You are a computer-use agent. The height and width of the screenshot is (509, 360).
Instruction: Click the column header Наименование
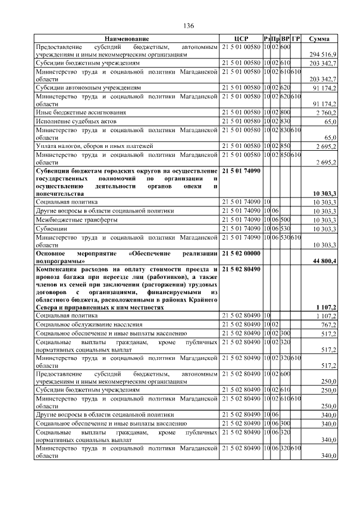click(x=127, y=38)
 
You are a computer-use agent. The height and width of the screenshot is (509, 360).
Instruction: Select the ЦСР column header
click(x=241, y=38)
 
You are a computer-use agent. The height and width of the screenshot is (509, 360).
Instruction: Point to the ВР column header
click(x=285, y=38)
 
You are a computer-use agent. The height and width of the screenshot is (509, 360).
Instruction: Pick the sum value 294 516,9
click(x=323, y=54)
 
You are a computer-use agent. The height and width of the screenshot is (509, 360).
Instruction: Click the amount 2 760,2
click(x=325, y=113)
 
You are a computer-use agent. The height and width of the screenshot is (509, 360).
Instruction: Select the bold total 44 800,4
click(x=321, y=262)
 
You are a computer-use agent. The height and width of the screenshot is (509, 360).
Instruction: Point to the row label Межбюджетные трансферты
click(x=76, y=220)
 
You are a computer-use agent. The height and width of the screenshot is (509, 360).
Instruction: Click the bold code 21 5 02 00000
click(x=241, y=254)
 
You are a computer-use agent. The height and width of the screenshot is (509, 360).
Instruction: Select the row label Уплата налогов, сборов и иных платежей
click(x=94, y=146)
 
